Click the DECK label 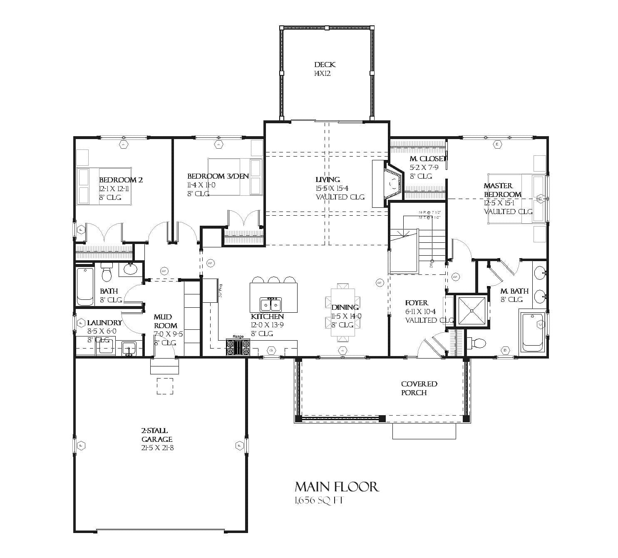coord(325,65)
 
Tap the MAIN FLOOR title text coord(337,487)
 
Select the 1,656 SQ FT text coord(319,501)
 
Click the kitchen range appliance coord(238,347)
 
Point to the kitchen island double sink coord(271,304)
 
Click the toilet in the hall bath coord(107,273)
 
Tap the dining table coord(343,312)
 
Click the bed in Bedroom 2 coord(103,186)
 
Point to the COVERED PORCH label coord(419,388)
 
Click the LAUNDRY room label coord(104,323)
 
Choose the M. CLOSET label coord(427,159)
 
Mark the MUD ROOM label coord(165,321)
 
